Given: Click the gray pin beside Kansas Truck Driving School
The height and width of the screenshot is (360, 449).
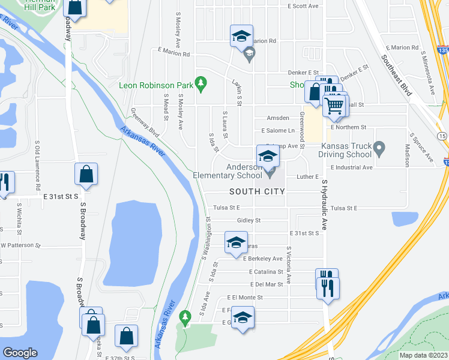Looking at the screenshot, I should [x=378, y=147].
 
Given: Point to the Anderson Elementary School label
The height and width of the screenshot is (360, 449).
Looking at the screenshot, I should [x=228, y=172].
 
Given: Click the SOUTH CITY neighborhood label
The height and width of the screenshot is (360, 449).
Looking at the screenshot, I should [x=257, y=191].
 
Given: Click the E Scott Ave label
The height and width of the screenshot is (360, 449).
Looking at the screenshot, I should [x=306, y=6].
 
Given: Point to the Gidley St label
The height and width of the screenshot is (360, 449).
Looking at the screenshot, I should [x=249, y=220].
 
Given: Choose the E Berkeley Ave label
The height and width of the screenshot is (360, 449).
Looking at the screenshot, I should [x=262, y=259].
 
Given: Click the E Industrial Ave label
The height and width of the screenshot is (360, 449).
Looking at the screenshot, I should [x=351, y=167].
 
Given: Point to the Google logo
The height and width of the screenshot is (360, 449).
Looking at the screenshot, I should [x=20, y=353].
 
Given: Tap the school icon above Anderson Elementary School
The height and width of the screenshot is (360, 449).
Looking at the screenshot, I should [x=268, y=157].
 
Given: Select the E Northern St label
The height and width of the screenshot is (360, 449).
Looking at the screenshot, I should [x=348, y=127].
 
